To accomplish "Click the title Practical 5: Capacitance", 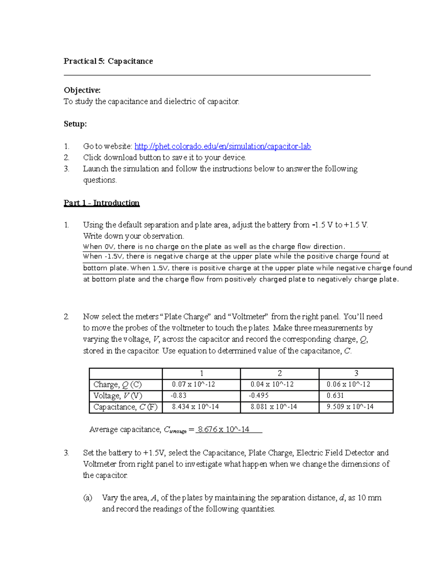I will tap(108, 61).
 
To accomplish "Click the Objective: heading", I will tap(82, 90).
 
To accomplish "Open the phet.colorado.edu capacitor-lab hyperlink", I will tap(222, 146).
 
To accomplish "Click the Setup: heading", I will tap(75, 124).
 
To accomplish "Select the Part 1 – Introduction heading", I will tap(102, 203).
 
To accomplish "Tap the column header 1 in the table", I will tap(201, 374).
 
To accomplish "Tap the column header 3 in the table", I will tap(356, 374).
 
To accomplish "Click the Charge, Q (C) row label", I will tap(118, 385).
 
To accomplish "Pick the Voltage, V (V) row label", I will tap(118, 396).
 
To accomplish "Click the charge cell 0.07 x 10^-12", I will tap(193, 384).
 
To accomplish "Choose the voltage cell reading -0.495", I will tap(259, 396).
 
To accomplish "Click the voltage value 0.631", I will tap(335, 396).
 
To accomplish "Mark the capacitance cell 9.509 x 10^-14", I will tap(349, 407).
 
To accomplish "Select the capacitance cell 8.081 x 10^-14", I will tap(274, 407).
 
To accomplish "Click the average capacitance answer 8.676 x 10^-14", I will tap(224, 430).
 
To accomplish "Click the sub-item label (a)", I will tap(88, 498).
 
